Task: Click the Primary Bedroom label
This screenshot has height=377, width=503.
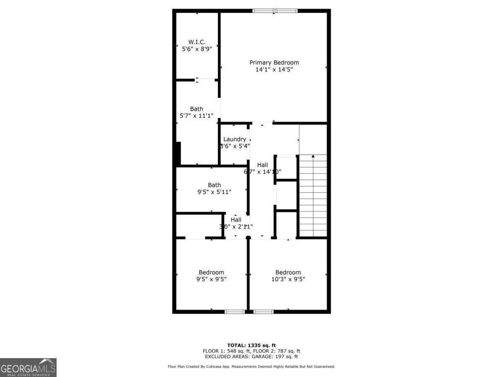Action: (x=274, y=63)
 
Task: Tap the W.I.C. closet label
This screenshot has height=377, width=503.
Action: (x=197, y=42)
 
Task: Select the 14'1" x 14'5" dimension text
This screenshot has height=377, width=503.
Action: (x=274, y=70)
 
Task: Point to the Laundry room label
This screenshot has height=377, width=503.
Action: (x=234, y=139)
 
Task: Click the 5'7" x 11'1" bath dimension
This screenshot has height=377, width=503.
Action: (x=196, y=116)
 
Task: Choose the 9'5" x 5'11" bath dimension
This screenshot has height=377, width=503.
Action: (x=214, y=192)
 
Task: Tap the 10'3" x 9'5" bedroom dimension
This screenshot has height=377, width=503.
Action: (x=288, y=279)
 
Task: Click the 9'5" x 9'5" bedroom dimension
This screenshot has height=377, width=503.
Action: (x=211, y=279)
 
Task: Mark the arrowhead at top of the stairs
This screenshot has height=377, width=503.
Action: (x=313, y=156)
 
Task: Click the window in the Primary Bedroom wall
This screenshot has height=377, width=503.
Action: (x=275, y=10)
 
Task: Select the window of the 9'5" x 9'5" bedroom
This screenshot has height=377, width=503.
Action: (x=235, y=312)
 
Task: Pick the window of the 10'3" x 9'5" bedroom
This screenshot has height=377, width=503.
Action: (x=264, y=312)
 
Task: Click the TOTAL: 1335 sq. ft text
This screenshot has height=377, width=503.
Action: (x=251, y=345)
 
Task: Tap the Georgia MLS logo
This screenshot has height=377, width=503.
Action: (x=28, y=367)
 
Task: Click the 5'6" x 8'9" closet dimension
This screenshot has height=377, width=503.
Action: (x=197, y=49)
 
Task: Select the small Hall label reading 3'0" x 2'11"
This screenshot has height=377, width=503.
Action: (x=236, y=219)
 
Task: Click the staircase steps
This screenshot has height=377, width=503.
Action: (x=313, y=197)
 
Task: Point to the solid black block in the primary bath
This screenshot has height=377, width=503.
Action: (x=178, y=153)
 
